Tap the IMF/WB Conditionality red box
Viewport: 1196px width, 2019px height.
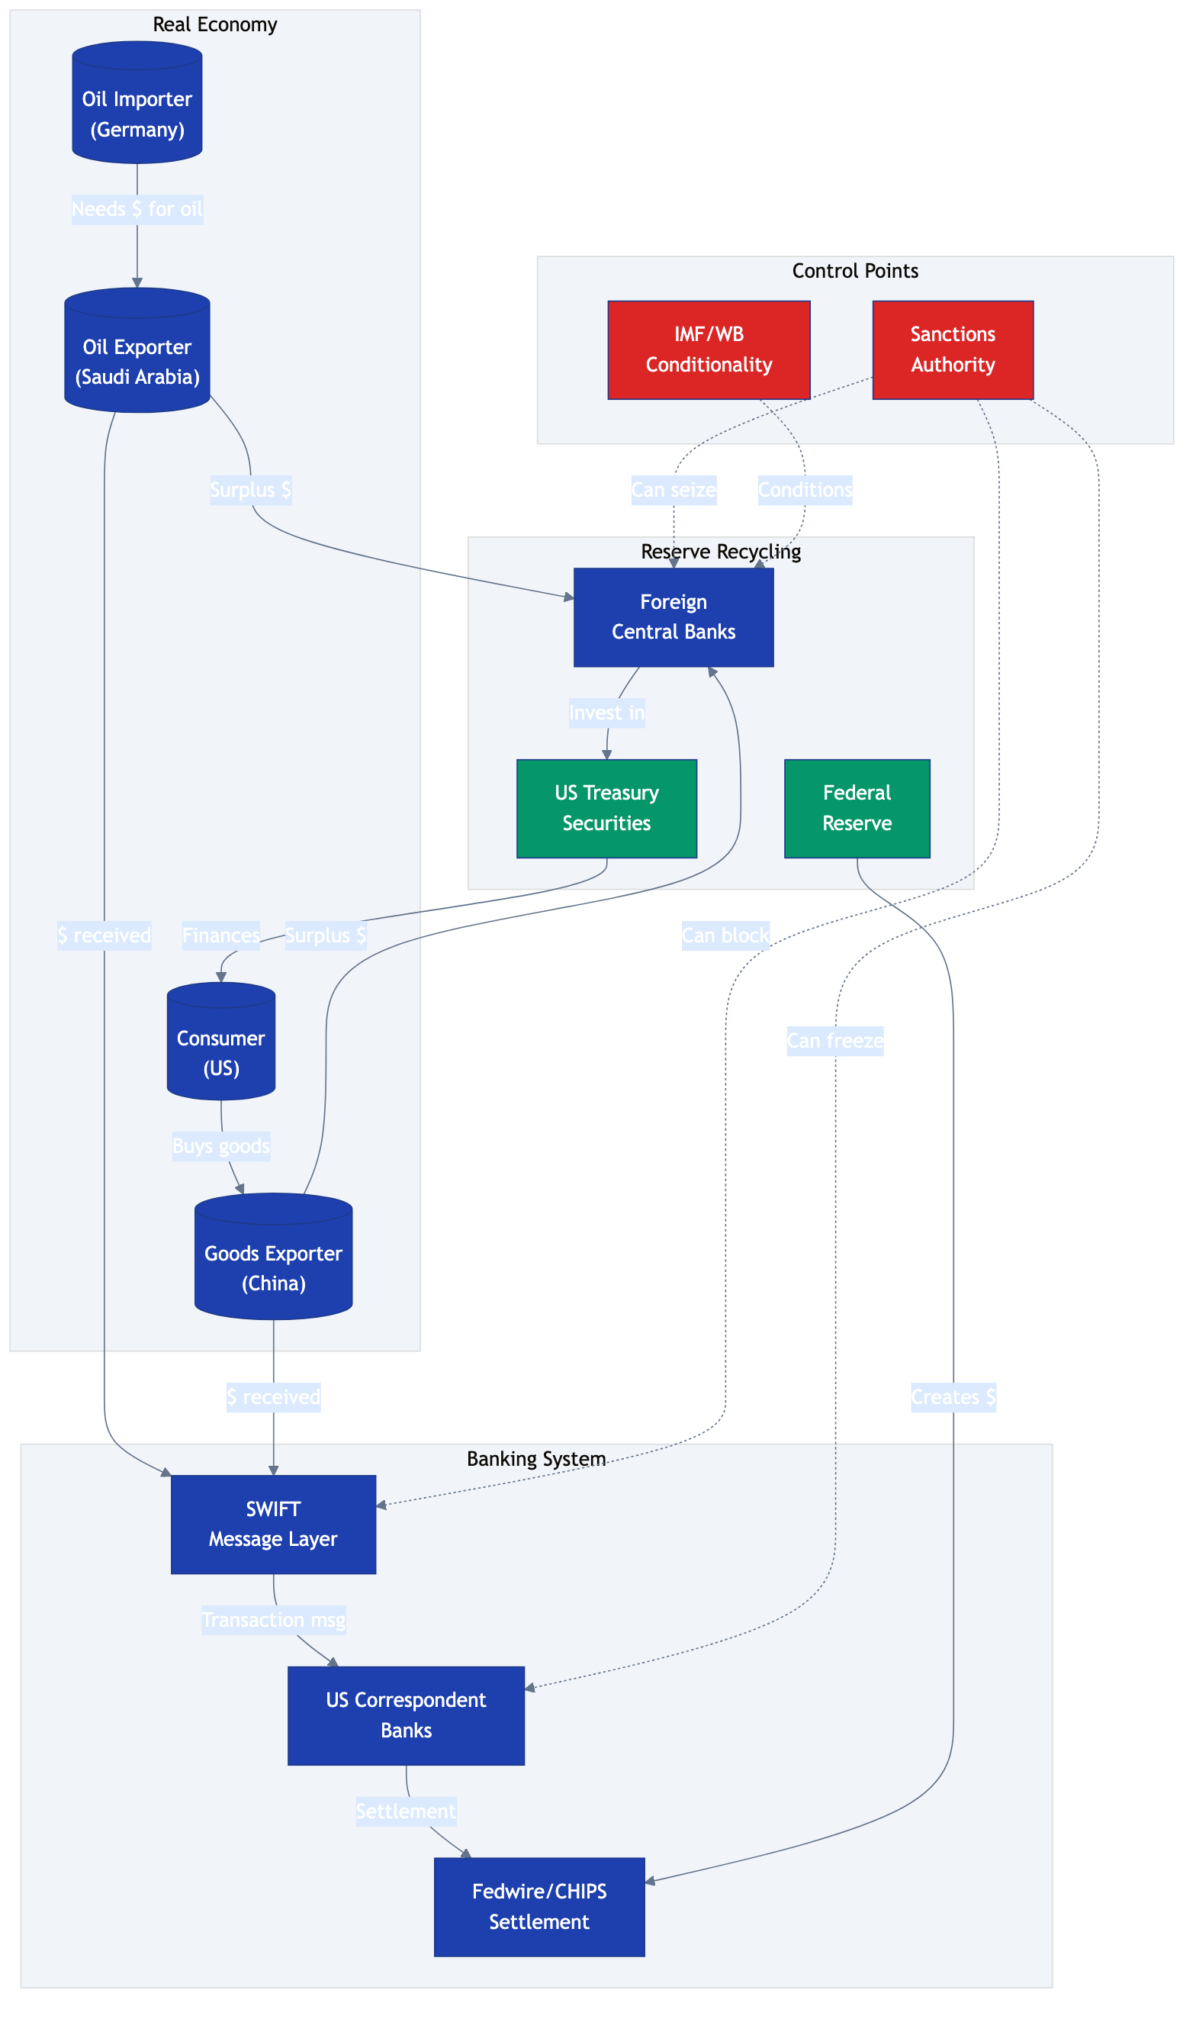(709, 349)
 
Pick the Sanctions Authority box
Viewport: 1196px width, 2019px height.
(953, 349)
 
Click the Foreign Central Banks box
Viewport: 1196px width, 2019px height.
(673, 617)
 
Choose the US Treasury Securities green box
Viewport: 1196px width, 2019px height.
(606, 808)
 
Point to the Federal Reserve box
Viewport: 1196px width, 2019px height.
(857, 808)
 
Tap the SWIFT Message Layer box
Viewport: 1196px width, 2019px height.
(273, 1524)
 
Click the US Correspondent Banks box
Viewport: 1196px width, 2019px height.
(405, 1715)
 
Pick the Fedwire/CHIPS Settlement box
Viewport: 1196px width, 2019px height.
(539, 1907)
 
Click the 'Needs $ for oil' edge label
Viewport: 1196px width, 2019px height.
(137, 210)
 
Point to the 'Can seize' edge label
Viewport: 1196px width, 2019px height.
(674, 490)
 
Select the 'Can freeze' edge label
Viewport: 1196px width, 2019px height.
(835, 1042)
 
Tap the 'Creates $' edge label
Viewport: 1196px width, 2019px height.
(953, 1397)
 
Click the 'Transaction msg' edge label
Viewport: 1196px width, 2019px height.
(273, 1620)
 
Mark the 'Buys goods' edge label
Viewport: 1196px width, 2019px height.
(221, 1146)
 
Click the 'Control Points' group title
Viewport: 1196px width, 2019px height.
(855, 271)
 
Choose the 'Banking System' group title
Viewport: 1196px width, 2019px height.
(536, 1459)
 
